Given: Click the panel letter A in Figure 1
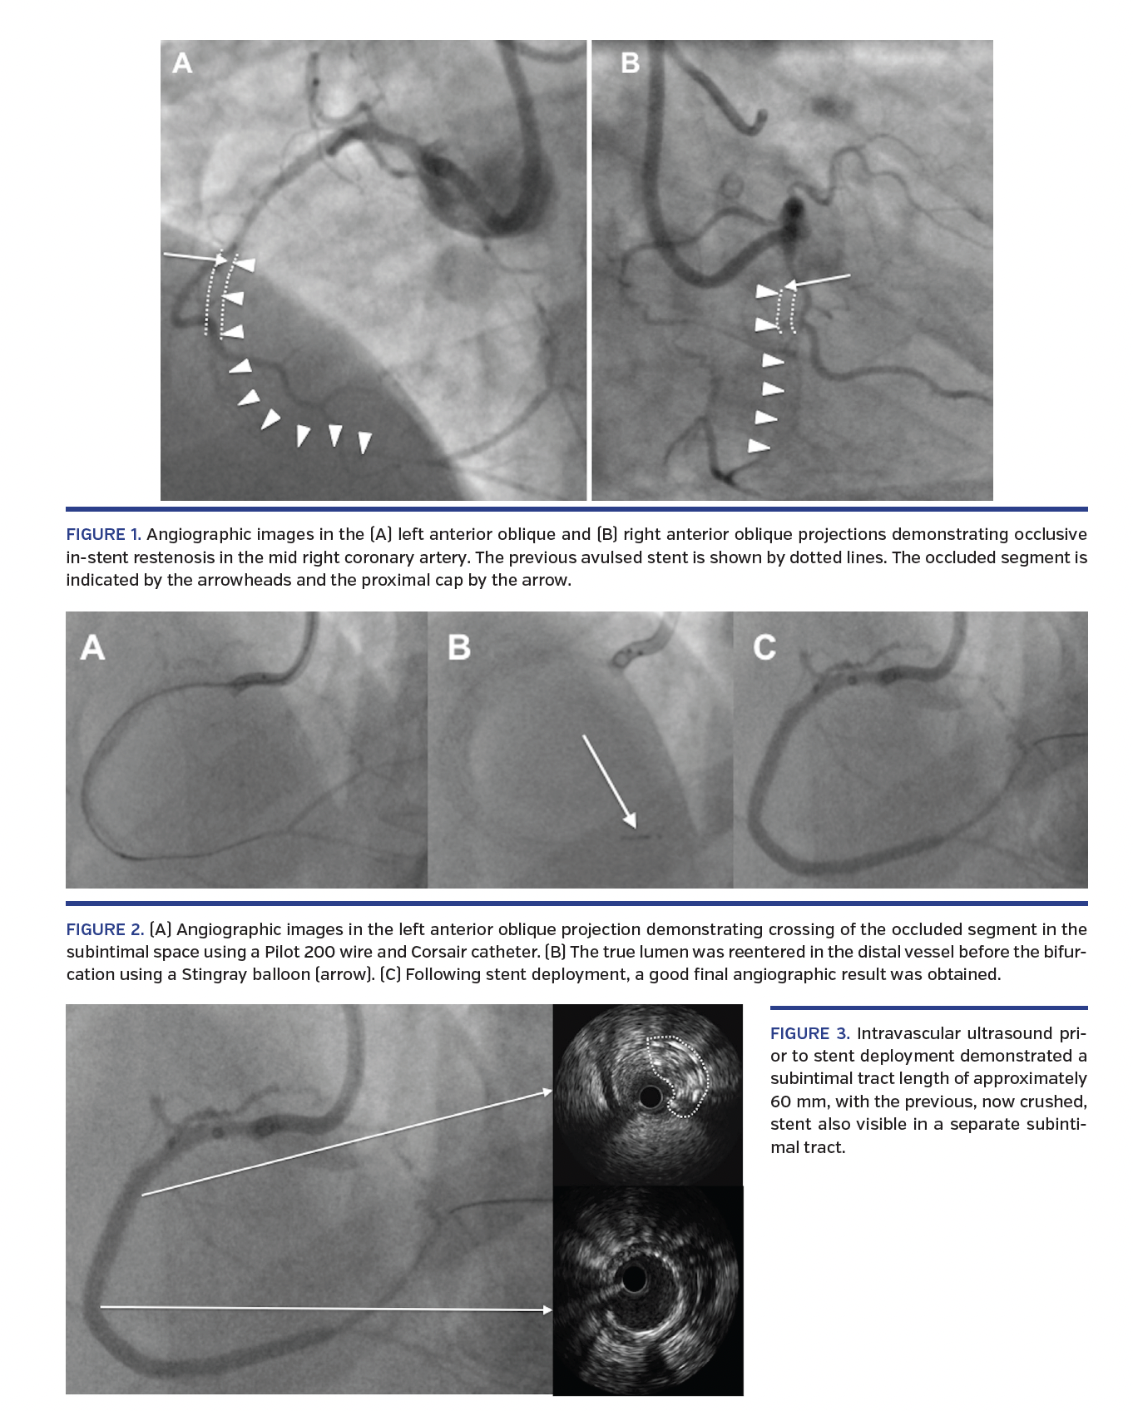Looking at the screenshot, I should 182,63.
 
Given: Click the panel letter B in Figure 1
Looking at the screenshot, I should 630,63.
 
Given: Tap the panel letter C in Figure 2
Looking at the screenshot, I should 764,648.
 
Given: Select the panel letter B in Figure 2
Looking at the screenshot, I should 458,648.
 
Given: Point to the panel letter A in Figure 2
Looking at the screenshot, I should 92,648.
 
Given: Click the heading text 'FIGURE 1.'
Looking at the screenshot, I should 103,534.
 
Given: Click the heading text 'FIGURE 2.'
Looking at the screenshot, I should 105,929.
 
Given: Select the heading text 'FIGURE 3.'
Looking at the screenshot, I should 809,1033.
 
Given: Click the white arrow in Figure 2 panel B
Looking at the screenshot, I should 609,781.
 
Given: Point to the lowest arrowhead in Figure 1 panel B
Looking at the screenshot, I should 759,447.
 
